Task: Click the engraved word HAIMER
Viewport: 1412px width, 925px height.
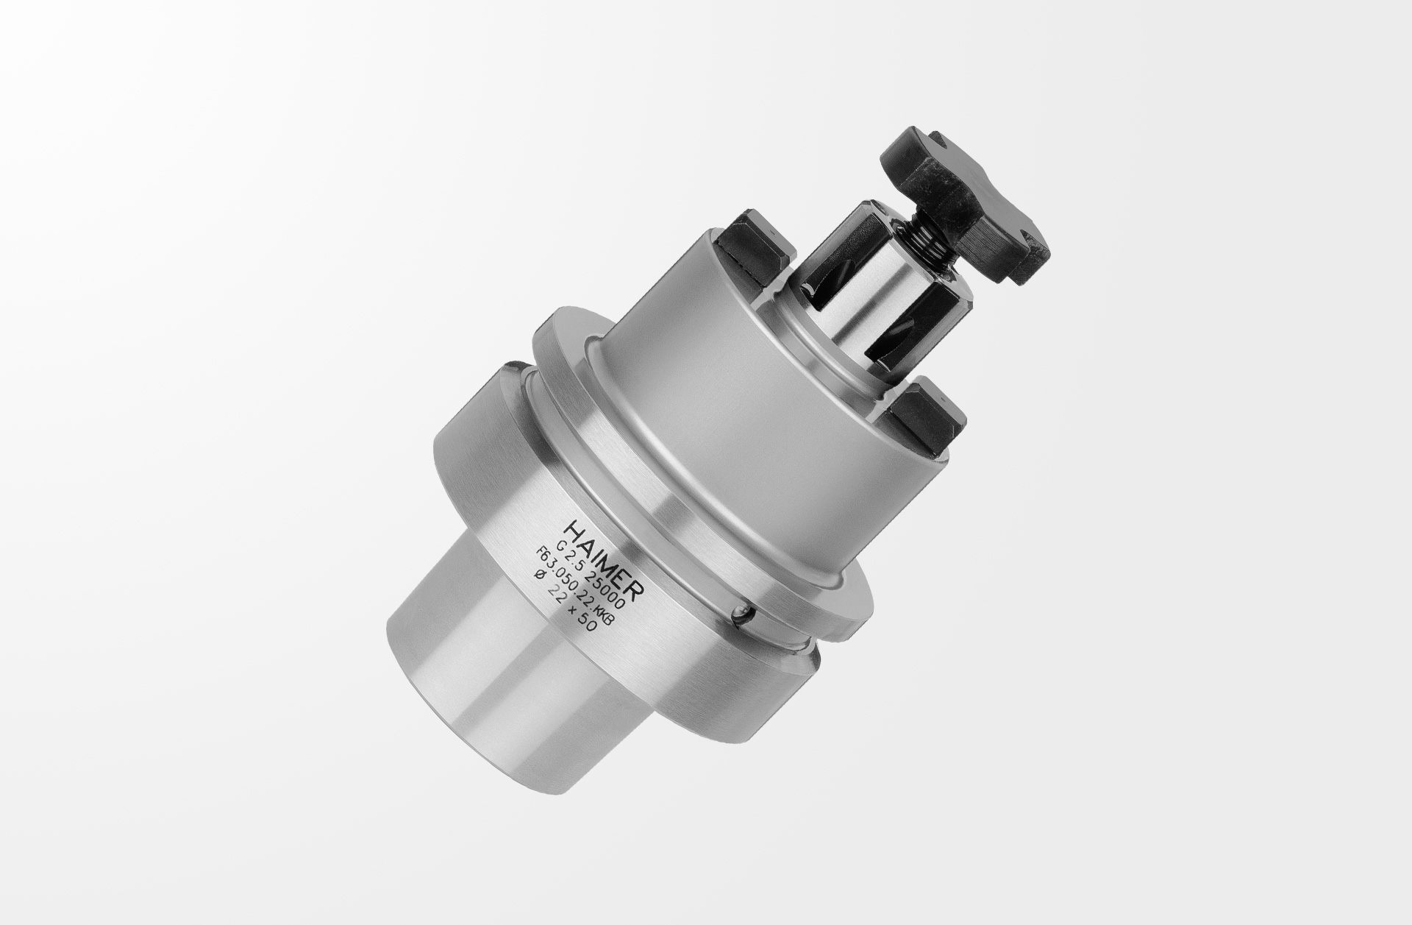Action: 605,559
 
